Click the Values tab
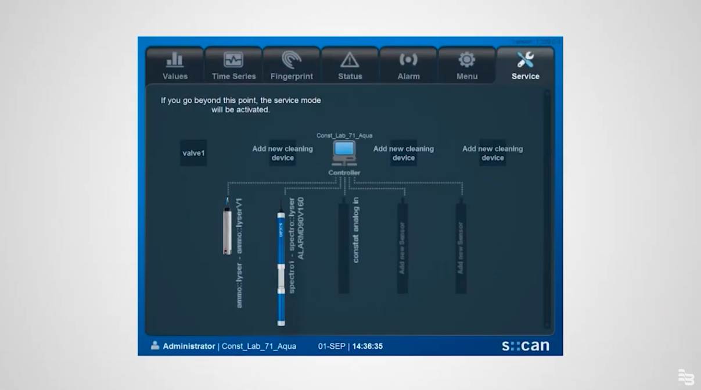point(175,65)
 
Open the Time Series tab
point(233,65)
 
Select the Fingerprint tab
point(292,65)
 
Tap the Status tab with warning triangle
point(350,65)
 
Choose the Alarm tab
point(408,65)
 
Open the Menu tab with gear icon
point(467,65)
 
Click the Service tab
point(525,65)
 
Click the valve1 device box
point(193,153)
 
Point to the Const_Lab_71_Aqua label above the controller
point(344,135)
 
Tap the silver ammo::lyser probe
point(227,227)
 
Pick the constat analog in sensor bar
point(344,244)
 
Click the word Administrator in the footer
point(189,346)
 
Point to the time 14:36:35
point(367,346)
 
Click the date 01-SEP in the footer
point(332,346)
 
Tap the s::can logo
point(525,346)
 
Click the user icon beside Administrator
point(155,345)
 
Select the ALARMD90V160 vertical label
point(300,228)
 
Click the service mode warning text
point(240,105)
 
